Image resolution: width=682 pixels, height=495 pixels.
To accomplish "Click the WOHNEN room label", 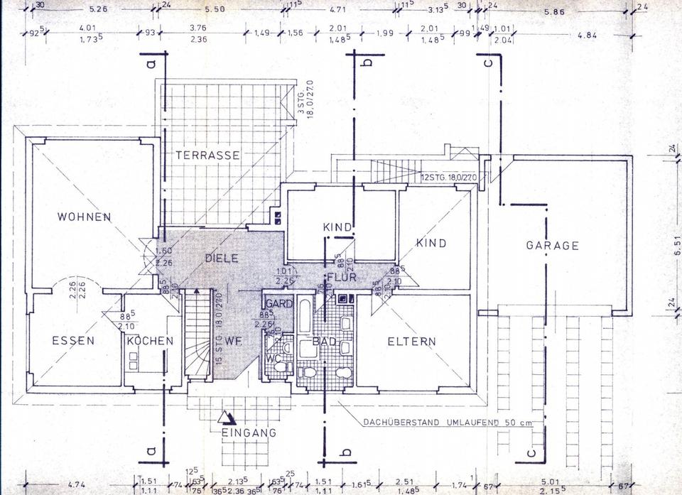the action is click(85, 217).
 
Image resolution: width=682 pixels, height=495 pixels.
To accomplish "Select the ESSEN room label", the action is click(73, 341).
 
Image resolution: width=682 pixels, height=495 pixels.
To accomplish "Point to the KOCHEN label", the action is click(150, 341).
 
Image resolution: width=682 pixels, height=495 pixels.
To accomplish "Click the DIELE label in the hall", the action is click(221, 259).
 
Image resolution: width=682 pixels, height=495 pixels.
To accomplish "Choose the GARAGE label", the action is click(552, 246).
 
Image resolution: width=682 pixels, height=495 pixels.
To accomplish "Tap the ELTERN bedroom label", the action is click(411, 341).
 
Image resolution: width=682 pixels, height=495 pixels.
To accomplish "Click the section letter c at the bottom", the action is click(530, 452).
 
